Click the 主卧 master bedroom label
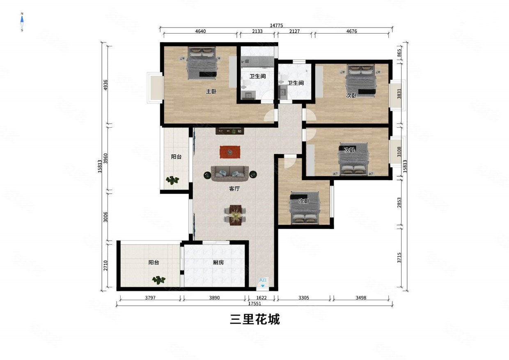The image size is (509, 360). (211, 92)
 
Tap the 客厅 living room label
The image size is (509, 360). (234, 189)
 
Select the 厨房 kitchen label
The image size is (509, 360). (218, 262)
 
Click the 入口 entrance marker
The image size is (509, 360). (263, 281)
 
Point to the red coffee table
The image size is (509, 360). (230, 152)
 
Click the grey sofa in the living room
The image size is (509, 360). (229, 174)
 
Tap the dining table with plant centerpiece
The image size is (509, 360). (235, 215)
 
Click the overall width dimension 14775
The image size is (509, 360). (276, 25)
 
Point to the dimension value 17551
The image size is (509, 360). (254, 304)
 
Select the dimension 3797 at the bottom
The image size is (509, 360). (149, 298)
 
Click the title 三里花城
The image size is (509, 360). (254, 320)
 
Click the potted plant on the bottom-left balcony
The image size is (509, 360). (159, 280)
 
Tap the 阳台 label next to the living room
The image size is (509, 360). (177, 157)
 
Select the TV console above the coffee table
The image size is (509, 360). (230, 131)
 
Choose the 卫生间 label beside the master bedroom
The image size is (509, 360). (257, 76)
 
